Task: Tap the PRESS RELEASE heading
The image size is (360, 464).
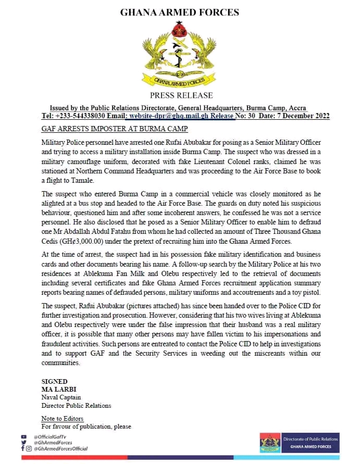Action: click(181, 95)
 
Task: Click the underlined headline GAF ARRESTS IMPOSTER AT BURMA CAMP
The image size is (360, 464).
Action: click(114, 128)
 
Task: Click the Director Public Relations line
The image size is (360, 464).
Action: click(76, 405)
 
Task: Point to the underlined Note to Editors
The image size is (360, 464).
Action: click(62, 419)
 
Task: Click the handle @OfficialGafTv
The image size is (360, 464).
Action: click(51, 436)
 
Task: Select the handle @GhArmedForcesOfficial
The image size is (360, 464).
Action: click(60, 448)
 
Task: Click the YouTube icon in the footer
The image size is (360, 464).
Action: click(23, 436)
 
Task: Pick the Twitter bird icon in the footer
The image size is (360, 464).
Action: click(23, 443)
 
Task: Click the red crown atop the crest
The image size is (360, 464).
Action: click(181, 27)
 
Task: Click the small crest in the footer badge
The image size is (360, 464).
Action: click(269, 443)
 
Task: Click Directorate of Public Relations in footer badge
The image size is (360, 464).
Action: click(310, 438)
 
